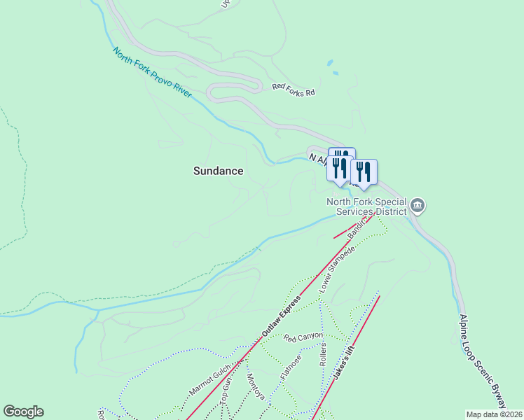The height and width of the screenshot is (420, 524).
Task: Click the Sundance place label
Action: tap(219, 171)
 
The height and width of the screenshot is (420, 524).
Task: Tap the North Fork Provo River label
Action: tap(153, 72)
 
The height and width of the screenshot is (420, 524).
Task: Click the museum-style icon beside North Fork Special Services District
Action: tap(418, 205)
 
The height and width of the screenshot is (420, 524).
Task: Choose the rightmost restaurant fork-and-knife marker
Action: tap(364, 171)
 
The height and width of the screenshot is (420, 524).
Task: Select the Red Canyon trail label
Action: tap(303, 337)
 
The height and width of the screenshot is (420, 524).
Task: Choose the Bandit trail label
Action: tap(358, 229)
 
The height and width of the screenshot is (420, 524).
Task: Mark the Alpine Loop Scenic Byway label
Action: tap(481, 360)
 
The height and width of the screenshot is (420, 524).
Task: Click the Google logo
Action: tap(23, 412)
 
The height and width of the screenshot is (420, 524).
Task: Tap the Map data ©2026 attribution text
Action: tap(494, 414)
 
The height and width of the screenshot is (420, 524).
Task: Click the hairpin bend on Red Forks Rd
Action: tap(210, 91)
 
